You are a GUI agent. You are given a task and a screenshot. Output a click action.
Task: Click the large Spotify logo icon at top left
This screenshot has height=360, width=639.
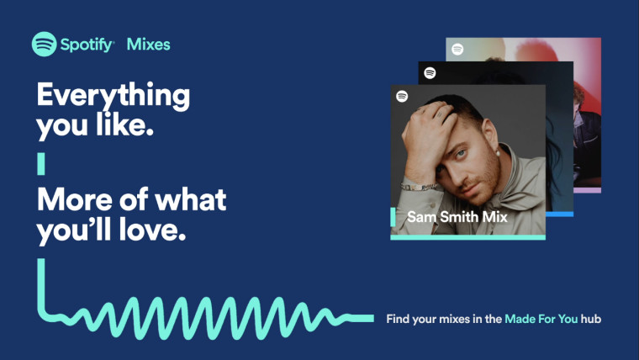(45, 44)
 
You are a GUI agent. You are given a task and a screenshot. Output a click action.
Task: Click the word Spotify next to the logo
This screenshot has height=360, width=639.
(87, 45)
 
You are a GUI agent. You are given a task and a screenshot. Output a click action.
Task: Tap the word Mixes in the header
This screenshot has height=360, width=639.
(148, 45)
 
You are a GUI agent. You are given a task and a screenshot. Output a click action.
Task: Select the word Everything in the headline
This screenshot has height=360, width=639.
(113, 96)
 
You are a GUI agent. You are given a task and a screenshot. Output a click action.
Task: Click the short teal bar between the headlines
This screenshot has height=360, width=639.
(40, 163)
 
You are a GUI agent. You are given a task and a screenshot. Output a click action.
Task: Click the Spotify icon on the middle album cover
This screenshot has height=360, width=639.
(430, 72)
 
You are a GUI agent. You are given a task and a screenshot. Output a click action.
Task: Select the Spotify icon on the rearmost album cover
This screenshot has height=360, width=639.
(457, 50)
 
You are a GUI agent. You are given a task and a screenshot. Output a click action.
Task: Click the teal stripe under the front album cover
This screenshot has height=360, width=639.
(467, 237)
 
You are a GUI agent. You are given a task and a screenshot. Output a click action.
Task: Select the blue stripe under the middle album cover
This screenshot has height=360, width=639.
(559, 214)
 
